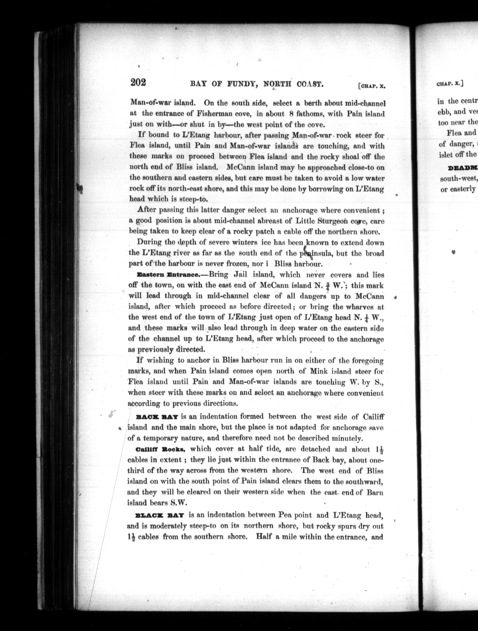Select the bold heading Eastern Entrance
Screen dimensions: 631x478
click(x=168, y=275)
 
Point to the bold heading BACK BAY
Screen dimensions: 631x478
click(x=158, y=417)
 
